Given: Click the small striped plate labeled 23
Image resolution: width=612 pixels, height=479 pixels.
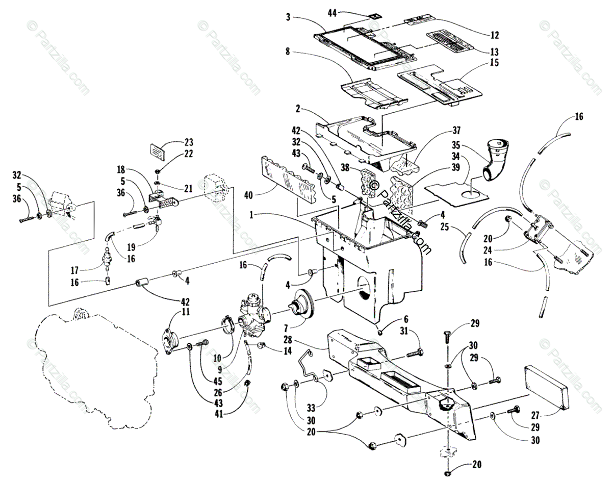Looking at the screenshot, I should click(x=157, y=152).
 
